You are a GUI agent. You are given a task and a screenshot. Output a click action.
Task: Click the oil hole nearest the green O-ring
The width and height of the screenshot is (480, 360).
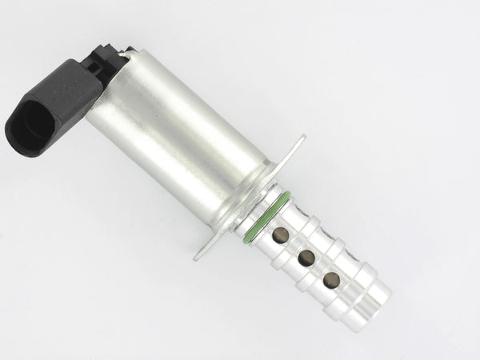[x=280, y=234]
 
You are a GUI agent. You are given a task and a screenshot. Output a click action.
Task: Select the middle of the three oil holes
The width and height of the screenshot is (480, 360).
[x=306, y=258]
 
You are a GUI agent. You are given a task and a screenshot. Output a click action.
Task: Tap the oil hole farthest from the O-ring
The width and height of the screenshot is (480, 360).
[x=330, y=280]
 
